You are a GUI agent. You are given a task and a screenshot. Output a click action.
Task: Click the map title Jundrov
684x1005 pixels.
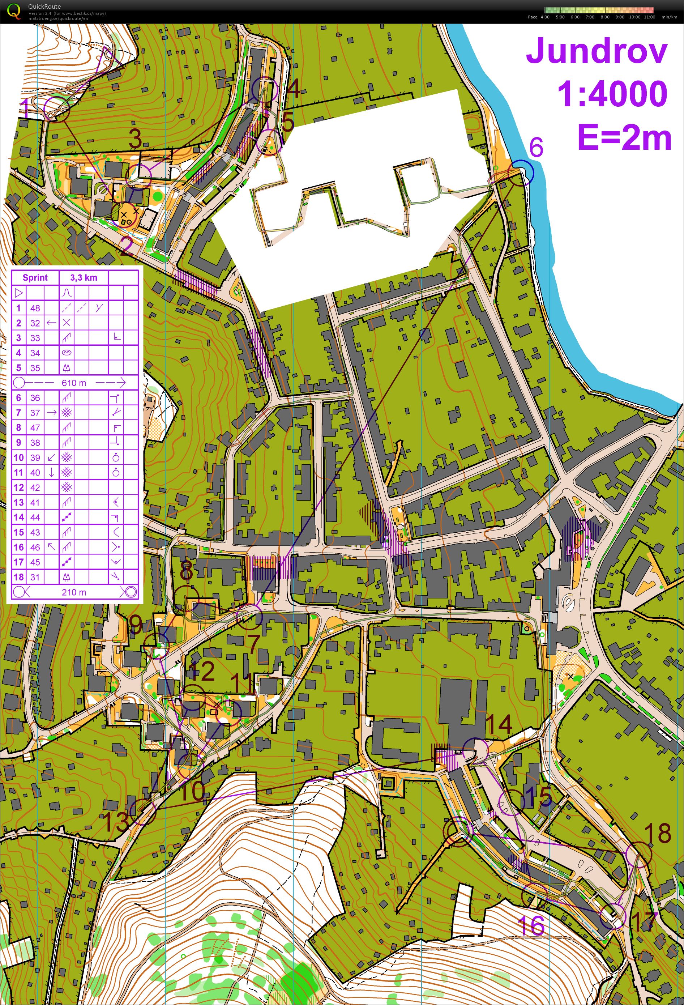(x=597, y=51)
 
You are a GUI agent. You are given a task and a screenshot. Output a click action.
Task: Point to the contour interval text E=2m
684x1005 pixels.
(x=624, y=137)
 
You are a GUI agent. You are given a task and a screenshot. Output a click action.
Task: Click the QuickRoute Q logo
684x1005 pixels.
(x=14, y=11)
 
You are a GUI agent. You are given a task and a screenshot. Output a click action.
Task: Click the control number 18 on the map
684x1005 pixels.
(x=657, y=833)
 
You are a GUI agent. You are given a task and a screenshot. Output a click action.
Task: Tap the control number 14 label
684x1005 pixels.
(x=499, y=724)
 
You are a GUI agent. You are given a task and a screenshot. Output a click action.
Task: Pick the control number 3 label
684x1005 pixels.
(x=135, y=139)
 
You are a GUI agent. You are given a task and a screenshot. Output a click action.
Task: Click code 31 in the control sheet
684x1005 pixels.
(x=35, y=577)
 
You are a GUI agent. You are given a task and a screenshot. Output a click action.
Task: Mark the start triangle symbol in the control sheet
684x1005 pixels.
(x=18, y=293)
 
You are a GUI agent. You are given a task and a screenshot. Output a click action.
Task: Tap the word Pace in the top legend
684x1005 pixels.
(x=532, y=17)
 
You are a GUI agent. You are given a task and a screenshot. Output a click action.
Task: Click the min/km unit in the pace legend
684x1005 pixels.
(x=669, y=17)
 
